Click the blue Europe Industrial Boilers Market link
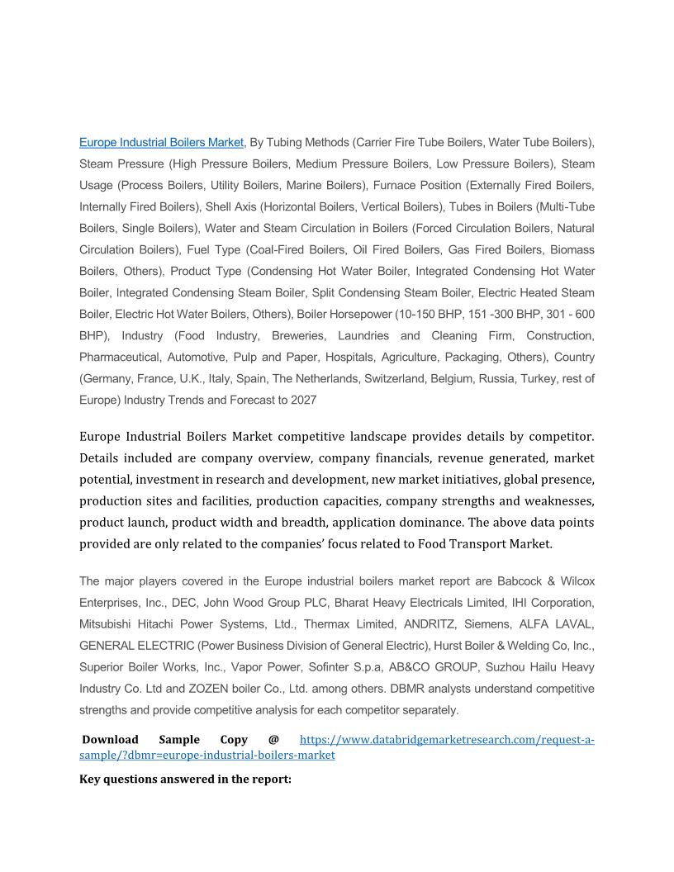(161, 142)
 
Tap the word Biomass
(572, 249)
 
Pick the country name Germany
(110, 378)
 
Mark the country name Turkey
(544, 378)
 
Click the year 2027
(302, 400)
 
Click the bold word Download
(110, 740)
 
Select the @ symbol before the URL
(273, 740)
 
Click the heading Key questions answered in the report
(185, 779)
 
